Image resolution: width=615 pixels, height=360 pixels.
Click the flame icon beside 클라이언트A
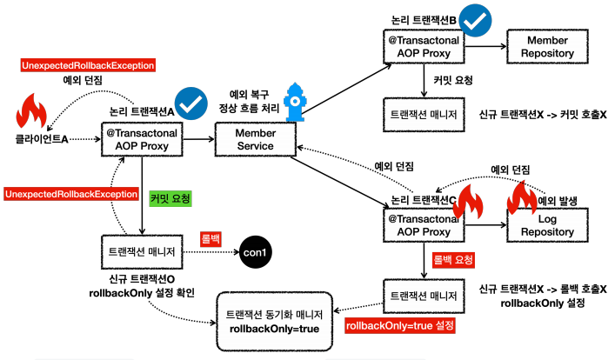tap(33, 111)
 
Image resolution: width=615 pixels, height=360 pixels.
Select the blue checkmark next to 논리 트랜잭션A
tap(190, 104)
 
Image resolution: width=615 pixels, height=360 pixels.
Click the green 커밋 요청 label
tap(170, 199)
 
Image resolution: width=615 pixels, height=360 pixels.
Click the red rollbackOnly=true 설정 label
tap(400, 326)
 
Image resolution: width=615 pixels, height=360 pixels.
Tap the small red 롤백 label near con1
tap(211, 236)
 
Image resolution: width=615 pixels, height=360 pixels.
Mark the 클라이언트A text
tap(43, 138)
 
